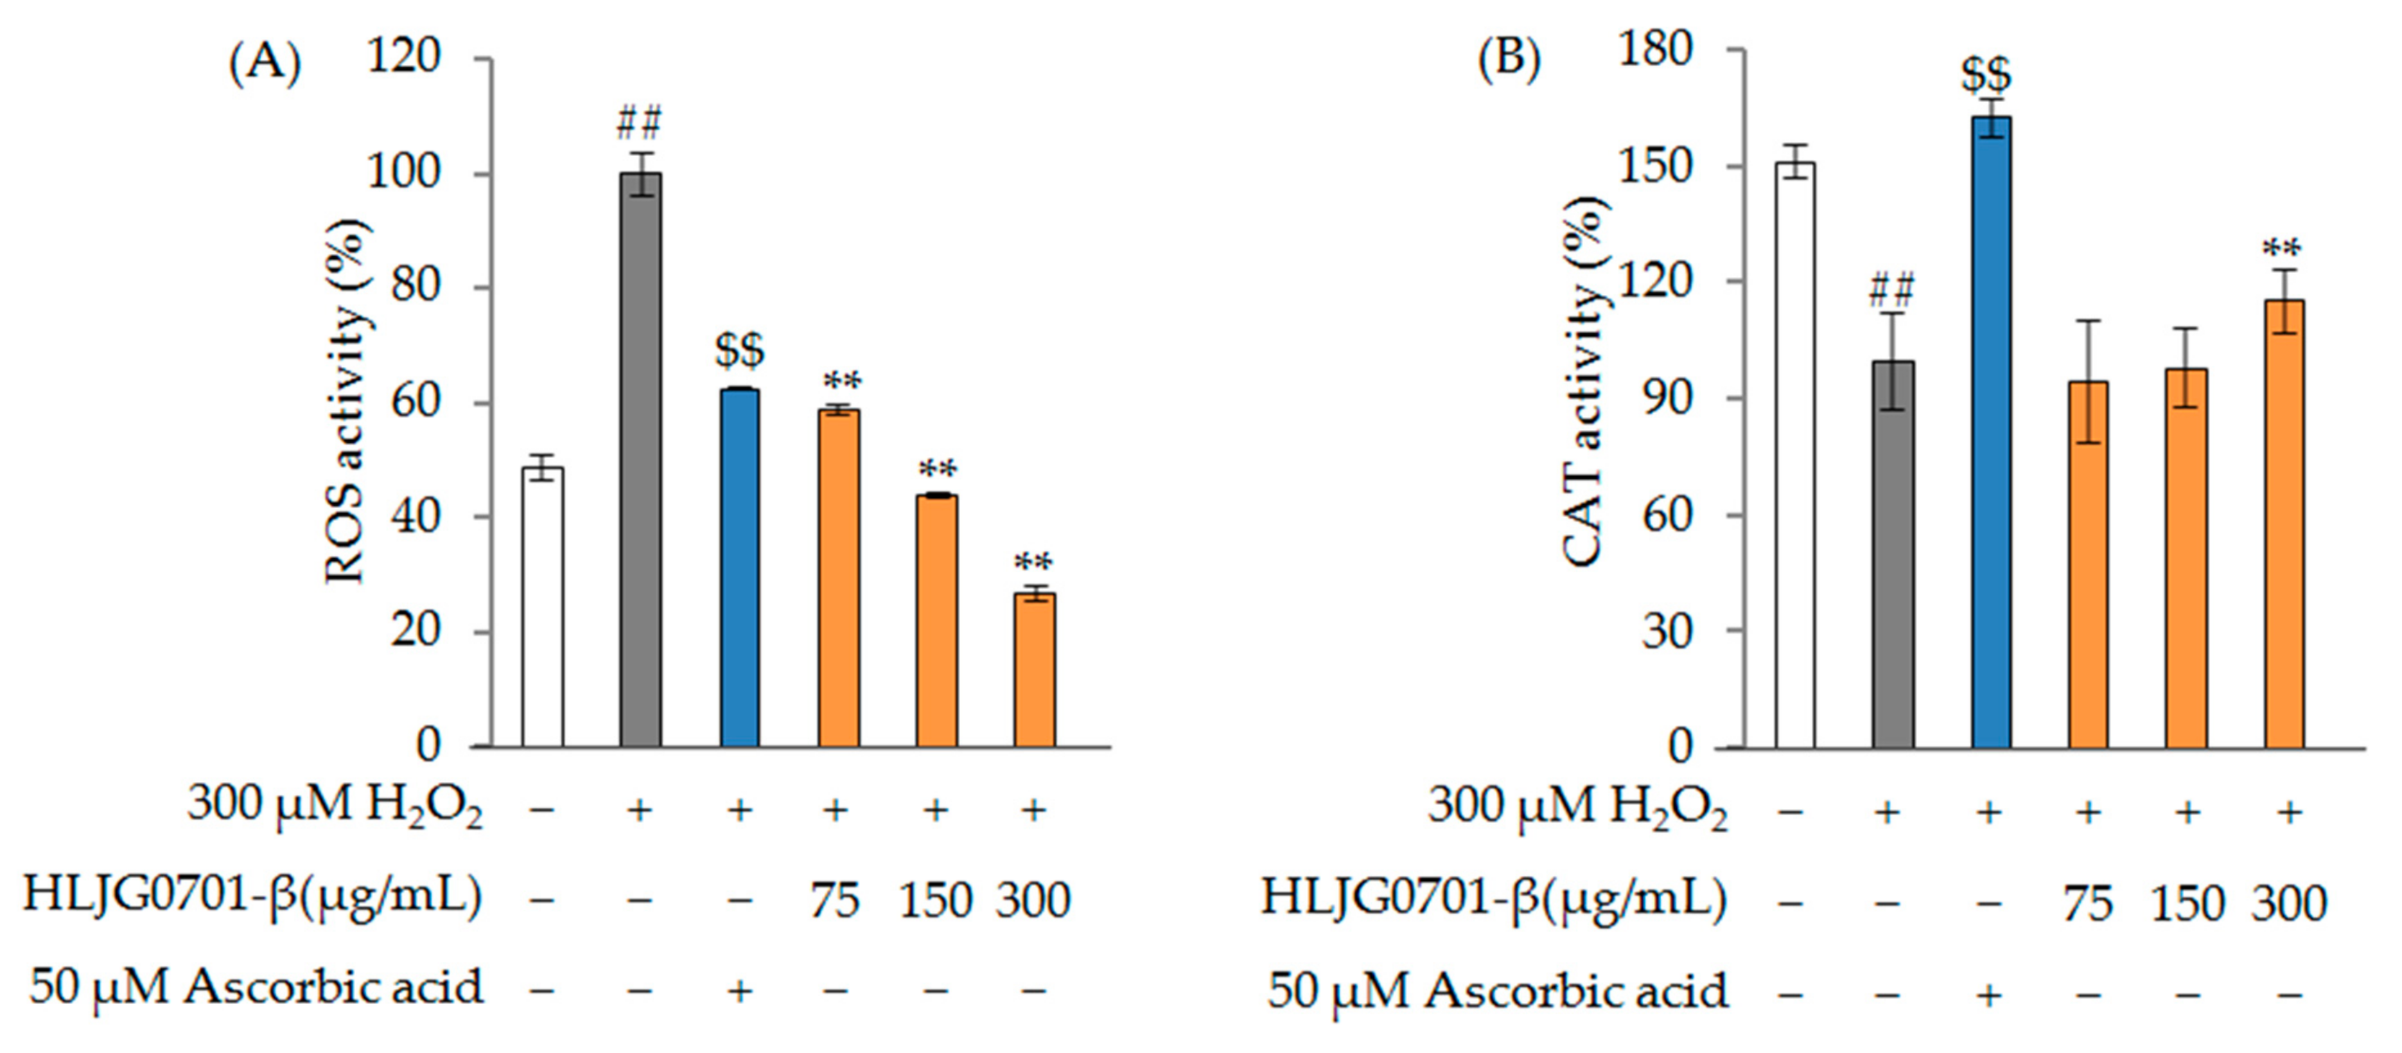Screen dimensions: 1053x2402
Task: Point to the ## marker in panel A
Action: click(x=639, y=123)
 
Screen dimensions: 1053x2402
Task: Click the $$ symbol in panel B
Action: click(x=1986, y=75)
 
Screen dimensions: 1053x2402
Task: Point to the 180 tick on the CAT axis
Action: click(x=1656, y=48)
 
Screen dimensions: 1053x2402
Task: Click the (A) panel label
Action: click(x=265, y=64)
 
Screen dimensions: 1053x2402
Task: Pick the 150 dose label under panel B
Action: click(x=2187, y=903)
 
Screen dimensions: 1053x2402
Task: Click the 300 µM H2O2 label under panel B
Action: click(x=1577, y=808)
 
